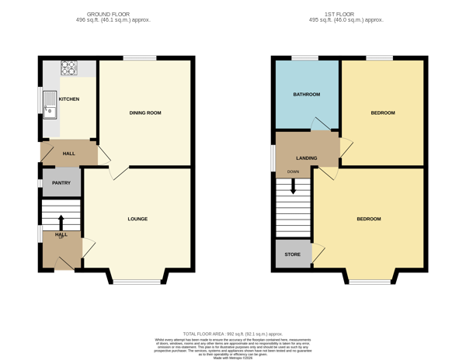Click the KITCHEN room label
(x=69, y=99)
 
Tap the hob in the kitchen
(x=68, y=67)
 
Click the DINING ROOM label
(x=145, y=113)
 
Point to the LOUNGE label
(x=137, y=219)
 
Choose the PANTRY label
(x=61, y=183)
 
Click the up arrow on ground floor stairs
(x=61, y=210)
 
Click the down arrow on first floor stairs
(x=294, y=186)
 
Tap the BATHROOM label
(x=306, y=95)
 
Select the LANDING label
(x=306, y=158)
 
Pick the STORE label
(x=292, y=254)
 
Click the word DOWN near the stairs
(x=293, y=171)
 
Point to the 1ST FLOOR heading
(x=348, y=14)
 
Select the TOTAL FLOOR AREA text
(x=233, y=332)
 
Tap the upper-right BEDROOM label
(x=382, y=113)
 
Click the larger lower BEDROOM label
(x=369, y=219)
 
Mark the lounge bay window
(x=137, y=279)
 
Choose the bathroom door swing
(x=318, y=124)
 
